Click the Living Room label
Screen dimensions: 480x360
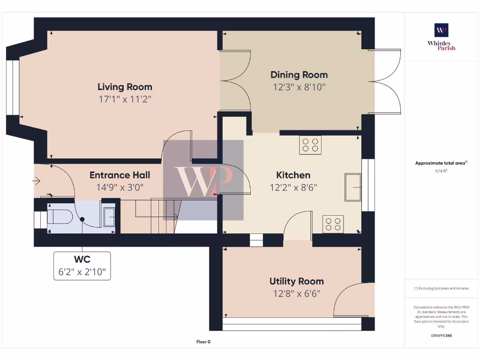(x=125, y=87)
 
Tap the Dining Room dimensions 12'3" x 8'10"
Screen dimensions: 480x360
(x=299, y=87)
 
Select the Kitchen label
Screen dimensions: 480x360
(x=293, y=175)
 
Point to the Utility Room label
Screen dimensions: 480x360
(x=297, y=281)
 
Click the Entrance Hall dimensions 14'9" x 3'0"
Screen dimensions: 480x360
(x=120, y=187)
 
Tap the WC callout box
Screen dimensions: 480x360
(x=82, y=266)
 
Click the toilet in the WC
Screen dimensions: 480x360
(x=60, y=217)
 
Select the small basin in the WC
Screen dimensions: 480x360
(x=109, y=217)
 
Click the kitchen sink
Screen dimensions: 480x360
(x=353, y=187)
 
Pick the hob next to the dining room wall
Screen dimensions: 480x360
(x=310, y=145)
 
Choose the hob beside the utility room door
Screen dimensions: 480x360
(x=333, y=224)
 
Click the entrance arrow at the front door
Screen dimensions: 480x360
(x=36, y=181)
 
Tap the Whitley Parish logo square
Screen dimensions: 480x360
(x=442, y=30)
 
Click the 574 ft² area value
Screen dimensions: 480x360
(x=441, y=171)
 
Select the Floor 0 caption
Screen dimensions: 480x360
(x=203, y=342)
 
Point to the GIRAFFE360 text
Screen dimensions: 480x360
(x=441, y=336)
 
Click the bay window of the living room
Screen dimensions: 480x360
(x=13, y=88)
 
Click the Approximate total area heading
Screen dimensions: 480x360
(x=441, y=163)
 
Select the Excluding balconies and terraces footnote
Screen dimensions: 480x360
(x=441, y=288)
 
